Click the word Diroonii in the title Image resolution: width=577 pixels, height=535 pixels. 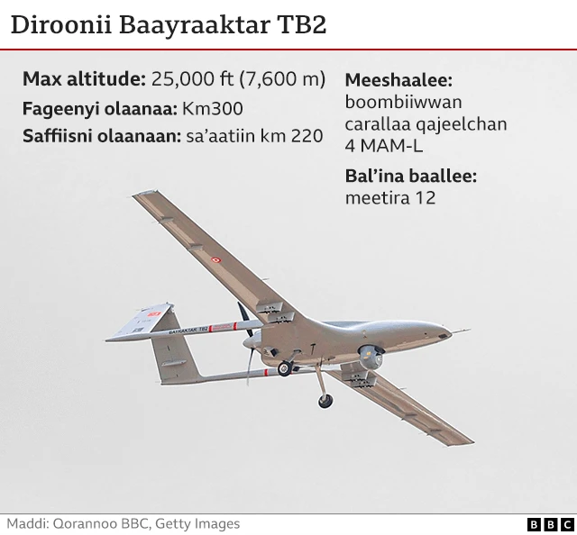point(61,25)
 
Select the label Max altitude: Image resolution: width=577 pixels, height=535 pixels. point(84,78)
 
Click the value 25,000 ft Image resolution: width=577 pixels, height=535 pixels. point(192,78)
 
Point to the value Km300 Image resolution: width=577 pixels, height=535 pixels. point(213,108)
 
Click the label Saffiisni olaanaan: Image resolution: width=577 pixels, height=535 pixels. point(102,136)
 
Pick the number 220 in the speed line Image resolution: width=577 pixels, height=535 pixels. point(307,136)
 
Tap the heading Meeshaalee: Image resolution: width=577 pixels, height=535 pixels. point(398,80)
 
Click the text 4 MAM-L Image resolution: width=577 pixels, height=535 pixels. point(384,146)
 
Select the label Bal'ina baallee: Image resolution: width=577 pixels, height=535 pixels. point(411,177)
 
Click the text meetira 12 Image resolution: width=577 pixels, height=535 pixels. point(390,198)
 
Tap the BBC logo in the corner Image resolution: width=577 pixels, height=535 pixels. point(550,524)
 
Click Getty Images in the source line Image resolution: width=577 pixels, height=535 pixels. point(197,524)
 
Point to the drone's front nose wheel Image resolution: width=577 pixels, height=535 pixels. point(325,401)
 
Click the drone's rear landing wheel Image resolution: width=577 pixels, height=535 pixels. point(285,368)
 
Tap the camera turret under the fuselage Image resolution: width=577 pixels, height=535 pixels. point(371,357)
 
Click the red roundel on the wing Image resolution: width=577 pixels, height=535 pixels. point(216,260)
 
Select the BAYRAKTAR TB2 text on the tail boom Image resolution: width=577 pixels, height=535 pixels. point(188,331)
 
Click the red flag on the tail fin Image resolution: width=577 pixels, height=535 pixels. point(154,314)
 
